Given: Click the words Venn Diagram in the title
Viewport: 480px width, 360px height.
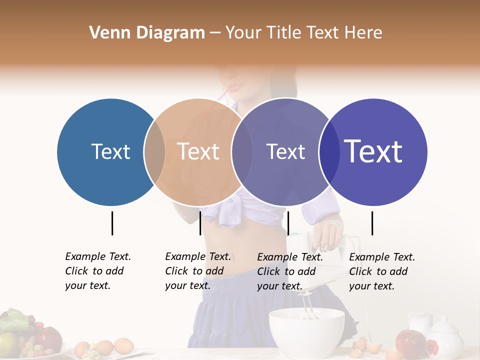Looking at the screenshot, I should (147, 33).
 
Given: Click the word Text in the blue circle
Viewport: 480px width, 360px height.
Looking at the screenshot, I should (110, 151).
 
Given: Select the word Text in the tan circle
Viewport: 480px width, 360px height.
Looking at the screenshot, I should (198, 151).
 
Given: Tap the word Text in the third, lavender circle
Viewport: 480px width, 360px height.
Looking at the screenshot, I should (285, 151).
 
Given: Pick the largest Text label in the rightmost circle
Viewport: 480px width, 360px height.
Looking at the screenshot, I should (373, 151).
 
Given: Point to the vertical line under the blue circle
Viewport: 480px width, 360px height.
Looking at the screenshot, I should (112, 223).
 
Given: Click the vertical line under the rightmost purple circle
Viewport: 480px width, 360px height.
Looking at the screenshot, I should (372, 223).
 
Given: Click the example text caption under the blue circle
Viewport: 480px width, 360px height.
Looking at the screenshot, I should (97, 271).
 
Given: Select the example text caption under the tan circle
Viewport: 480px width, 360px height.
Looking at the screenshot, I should (197, 271).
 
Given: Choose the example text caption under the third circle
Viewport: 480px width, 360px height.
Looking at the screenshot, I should (289, 271).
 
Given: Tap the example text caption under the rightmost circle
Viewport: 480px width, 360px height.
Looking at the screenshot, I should (381, 271).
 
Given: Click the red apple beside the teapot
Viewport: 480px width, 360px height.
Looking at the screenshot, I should (410, 342).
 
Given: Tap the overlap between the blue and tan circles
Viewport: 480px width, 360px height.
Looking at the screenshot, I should (154, 151).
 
